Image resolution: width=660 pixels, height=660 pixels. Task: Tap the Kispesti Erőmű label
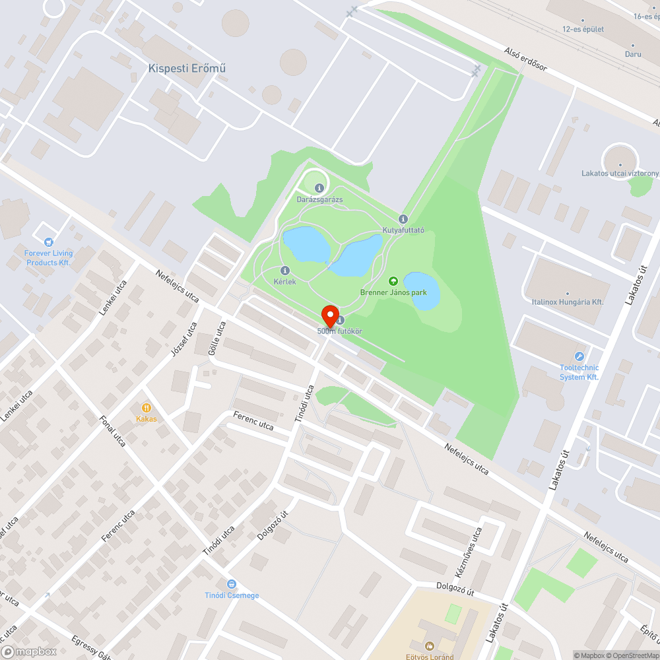187,68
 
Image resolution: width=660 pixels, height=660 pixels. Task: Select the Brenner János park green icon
393,281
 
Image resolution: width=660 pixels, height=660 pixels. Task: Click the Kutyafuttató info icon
403,219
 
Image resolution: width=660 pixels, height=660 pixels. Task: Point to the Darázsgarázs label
319,199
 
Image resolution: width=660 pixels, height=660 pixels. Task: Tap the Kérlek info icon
285,271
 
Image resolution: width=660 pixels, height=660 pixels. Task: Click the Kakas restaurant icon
147,408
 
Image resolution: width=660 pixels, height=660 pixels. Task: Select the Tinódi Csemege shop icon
231,584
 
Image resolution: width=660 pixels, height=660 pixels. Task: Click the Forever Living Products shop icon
48,242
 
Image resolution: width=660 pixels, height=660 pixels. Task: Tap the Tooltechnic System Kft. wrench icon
579,357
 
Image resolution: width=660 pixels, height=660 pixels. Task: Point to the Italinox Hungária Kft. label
568,302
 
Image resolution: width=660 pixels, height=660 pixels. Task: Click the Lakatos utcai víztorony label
620,174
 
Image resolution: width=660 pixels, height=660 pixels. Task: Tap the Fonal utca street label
113,431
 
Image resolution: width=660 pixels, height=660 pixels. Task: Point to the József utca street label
183,339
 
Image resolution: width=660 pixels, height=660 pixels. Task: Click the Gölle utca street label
217,337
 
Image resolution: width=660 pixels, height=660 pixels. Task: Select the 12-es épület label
583,29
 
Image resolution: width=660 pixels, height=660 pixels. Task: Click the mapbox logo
30,651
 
